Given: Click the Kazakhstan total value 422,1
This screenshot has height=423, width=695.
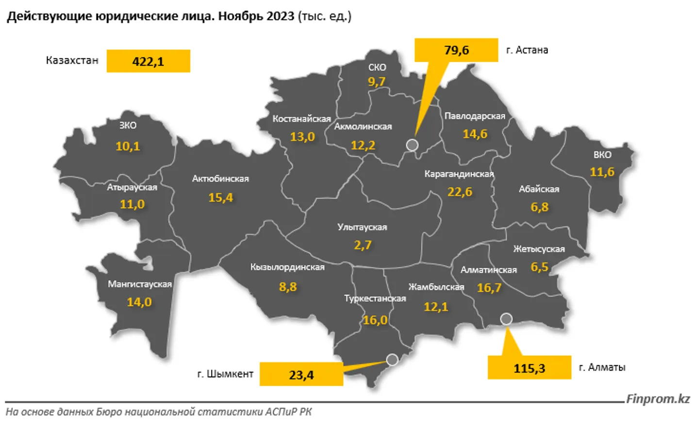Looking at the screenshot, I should [x=148, y=62].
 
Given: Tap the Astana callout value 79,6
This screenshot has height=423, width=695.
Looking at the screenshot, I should [x=456, y=50].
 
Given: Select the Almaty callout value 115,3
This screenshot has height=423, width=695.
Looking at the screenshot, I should [x=529, y=368].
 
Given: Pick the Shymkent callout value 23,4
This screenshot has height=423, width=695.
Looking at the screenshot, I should [x=301, y=375].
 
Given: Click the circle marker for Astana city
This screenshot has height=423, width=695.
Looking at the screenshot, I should [x=412, y=145].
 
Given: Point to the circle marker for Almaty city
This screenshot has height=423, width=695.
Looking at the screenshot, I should [x=506, y=319].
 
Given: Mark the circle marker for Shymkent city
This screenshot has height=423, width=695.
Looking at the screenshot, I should [x=392, y=359].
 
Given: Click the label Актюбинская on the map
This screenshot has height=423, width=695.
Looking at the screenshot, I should [x=220, y=179].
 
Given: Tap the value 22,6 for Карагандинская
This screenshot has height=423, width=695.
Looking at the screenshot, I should [x=460, y=192].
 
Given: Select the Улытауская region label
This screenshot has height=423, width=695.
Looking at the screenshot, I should [x=362, y=227].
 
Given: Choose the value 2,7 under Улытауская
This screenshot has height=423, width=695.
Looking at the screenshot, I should [x=363, y=245].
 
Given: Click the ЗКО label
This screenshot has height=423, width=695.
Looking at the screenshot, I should [x=128, y=125].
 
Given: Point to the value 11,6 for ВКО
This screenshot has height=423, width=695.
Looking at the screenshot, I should [x=602, y=172].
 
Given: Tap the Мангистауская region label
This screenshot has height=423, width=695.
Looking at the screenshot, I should [x=140, y=284].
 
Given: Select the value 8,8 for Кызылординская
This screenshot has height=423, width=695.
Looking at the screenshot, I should [x=288, y=287].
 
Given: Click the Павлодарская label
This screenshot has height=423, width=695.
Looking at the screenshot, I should [x=475, y=116].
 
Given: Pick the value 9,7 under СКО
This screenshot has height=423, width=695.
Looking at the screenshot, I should [x=377, y=81].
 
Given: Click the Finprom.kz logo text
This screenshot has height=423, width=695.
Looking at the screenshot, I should [x=658, y=399].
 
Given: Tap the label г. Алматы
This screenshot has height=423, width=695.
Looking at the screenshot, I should [x=602, y=367].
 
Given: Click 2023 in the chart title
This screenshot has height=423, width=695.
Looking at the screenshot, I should [x=280, y=16].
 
